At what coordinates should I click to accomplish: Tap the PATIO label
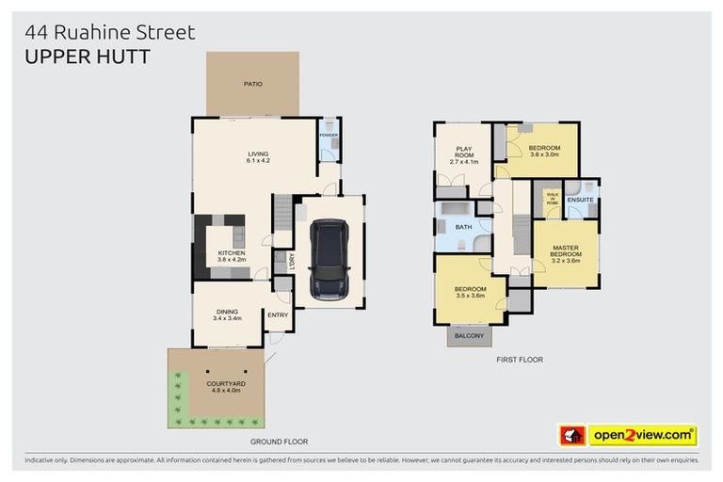pyautogui.click(x=252, y=84)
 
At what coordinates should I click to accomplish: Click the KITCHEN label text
pyautogui.click(x=232, y=253)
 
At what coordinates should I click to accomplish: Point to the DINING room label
pyautogui.click(x=227, y=312)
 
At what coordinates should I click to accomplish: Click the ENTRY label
pyautogui.click(x=278, y=315)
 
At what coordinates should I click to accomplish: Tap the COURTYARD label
pyautogui.click(x=226, y=384)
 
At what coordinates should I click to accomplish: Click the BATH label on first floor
pyautogui.click(x=462, y=227)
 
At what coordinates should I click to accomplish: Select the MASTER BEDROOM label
pyautogui.click(x=566, y=249)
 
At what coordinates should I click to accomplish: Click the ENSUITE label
pyautogui.click(x=580, y=200)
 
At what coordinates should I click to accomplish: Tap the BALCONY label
pyautogui.click(x=468, y=336)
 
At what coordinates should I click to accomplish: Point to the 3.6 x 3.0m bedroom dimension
pyautogui.click(x=544, y=155)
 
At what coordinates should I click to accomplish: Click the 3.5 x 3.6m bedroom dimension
pyautogui.click(x=470, y=296)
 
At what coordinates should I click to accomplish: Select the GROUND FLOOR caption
pyautogui.click(x=279, y=441)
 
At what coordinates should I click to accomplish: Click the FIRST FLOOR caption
pyautogui.click(x=520, y=360)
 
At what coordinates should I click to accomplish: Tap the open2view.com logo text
pyautogui.click(x=641, y=435)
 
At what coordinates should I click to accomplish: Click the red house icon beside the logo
pyautogui.click(x=572, y=435)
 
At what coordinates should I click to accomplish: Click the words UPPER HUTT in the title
pyautogui.click(x=87, y=56)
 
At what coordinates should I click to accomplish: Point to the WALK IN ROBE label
pyautogui.click(x=552, y=199)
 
